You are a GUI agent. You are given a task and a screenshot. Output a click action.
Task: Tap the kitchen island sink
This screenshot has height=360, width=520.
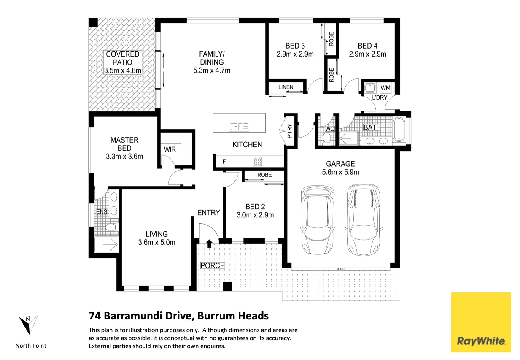tap(239, 127)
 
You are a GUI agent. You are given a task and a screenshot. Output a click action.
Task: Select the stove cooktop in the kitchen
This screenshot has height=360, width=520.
tap(257, 161)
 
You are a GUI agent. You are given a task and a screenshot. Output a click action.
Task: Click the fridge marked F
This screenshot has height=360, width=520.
tap(224, 161)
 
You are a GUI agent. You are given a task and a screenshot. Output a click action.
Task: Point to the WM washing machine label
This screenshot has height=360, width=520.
tap(385, 88)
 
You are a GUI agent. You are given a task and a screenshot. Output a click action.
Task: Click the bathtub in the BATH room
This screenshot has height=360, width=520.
tap(399, 129)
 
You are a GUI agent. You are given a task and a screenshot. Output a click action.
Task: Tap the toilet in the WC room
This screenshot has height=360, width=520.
tap(326, 137)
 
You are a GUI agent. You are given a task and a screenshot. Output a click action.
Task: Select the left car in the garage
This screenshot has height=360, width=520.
tap(317, 220)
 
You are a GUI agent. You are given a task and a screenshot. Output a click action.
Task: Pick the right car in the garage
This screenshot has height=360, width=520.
tap(363, 220)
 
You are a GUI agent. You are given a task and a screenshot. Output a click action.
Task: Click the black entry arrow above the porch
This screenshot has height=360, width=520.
tap(210, 244)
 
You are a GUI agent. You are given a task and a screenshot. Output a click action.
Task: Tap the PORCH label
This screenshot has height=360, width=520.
tap(213, 265)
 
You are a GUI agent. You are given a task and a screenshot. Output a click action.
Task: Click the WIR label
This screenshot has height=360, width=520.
tap(170, 149)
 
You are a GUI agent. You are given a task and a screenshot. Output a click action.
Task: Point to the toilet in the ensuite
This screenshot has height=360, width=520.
tap(110, 227)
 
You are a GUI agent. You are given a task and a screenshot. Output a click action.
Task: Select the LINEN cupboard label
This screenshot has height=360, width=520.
tap(286, 87)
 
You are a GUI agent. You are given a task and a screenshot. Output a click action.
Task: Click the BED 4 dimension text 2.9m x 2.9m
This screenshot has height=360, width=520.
tap(367, 54)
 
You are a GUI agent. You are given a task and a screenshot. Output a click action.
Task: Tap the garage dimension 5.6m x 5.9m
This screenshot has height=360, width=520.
tap(340, 172)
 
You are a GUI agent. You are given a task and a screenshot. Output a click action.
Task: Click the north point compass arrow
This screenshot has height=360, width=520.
tap(28, 325)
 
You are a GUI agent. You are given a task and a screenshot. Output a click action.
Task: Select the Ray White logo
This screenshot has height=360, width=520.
tap(481, 322)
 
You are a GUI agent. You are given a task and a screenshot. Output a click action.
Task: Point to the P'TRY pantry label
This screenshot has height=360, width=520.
tap(289, 131)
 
